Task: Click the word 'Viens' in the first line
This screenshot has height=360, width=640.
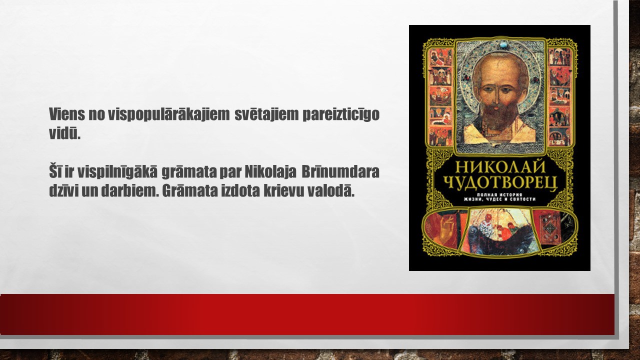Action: tap(67, 114)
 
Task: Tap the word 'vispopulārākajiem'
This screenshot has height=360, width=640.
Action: tap(168, 115)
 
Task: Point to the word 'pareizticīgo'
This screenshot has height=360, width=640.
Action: tap(341, 115)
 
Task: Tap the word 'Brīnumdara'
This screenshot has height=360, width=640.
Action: tap(340, 171)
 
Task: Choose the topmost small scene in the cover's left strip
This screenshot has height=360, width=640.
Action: tap(441, 57)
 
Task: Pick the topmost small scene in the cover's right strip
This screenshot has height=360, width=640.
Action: tap(559, 57)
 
